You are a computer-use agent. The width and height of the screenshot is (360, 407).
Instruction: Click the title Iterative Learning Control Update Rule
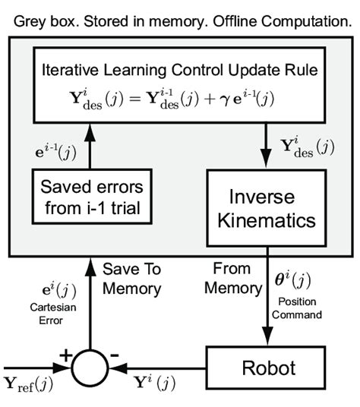click(x=180, y=72)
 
